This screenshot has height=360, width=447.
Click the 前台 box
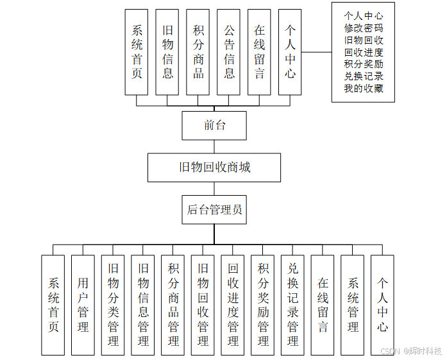(214, 125)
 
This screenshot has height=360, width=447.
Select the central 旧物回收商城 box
(214, 167)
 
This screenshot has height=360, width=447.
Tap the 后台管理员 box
(214, 209)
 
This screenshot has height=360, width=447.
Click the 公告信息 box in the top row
(229, 52)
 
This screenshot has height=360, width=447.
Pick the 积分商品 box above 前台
(198, 52)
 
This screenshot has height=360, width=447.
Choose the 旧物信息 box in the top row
(167, 52)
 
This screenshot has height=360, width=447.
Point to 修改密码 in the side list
(364, 28)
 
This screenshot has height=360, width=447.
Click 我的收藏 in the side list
(364, 89)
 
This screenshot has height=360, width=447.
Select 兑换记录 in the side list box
(364, 76)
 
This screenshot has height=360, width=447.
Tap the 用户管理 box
(83, 305)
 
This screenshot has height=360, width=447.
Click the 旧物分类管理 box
(113, 305)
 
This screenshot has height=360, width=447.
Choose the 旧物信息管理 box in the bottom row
(143, 305)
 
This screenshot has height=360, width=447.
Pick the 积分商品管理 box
(173, 305)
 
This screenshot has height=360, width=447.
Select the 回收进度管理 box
(233, 305)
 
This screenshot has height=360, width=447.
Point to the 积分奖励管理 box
(263, 305)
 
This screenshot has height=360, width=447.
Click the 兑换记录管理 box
(292, 305)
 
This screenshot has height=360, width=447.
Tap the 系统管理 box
(353, 305)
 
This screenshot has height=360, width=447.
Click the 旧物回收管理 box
(203, 305)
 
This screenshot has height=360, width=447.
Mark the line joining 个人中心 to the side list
(317, 52)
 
